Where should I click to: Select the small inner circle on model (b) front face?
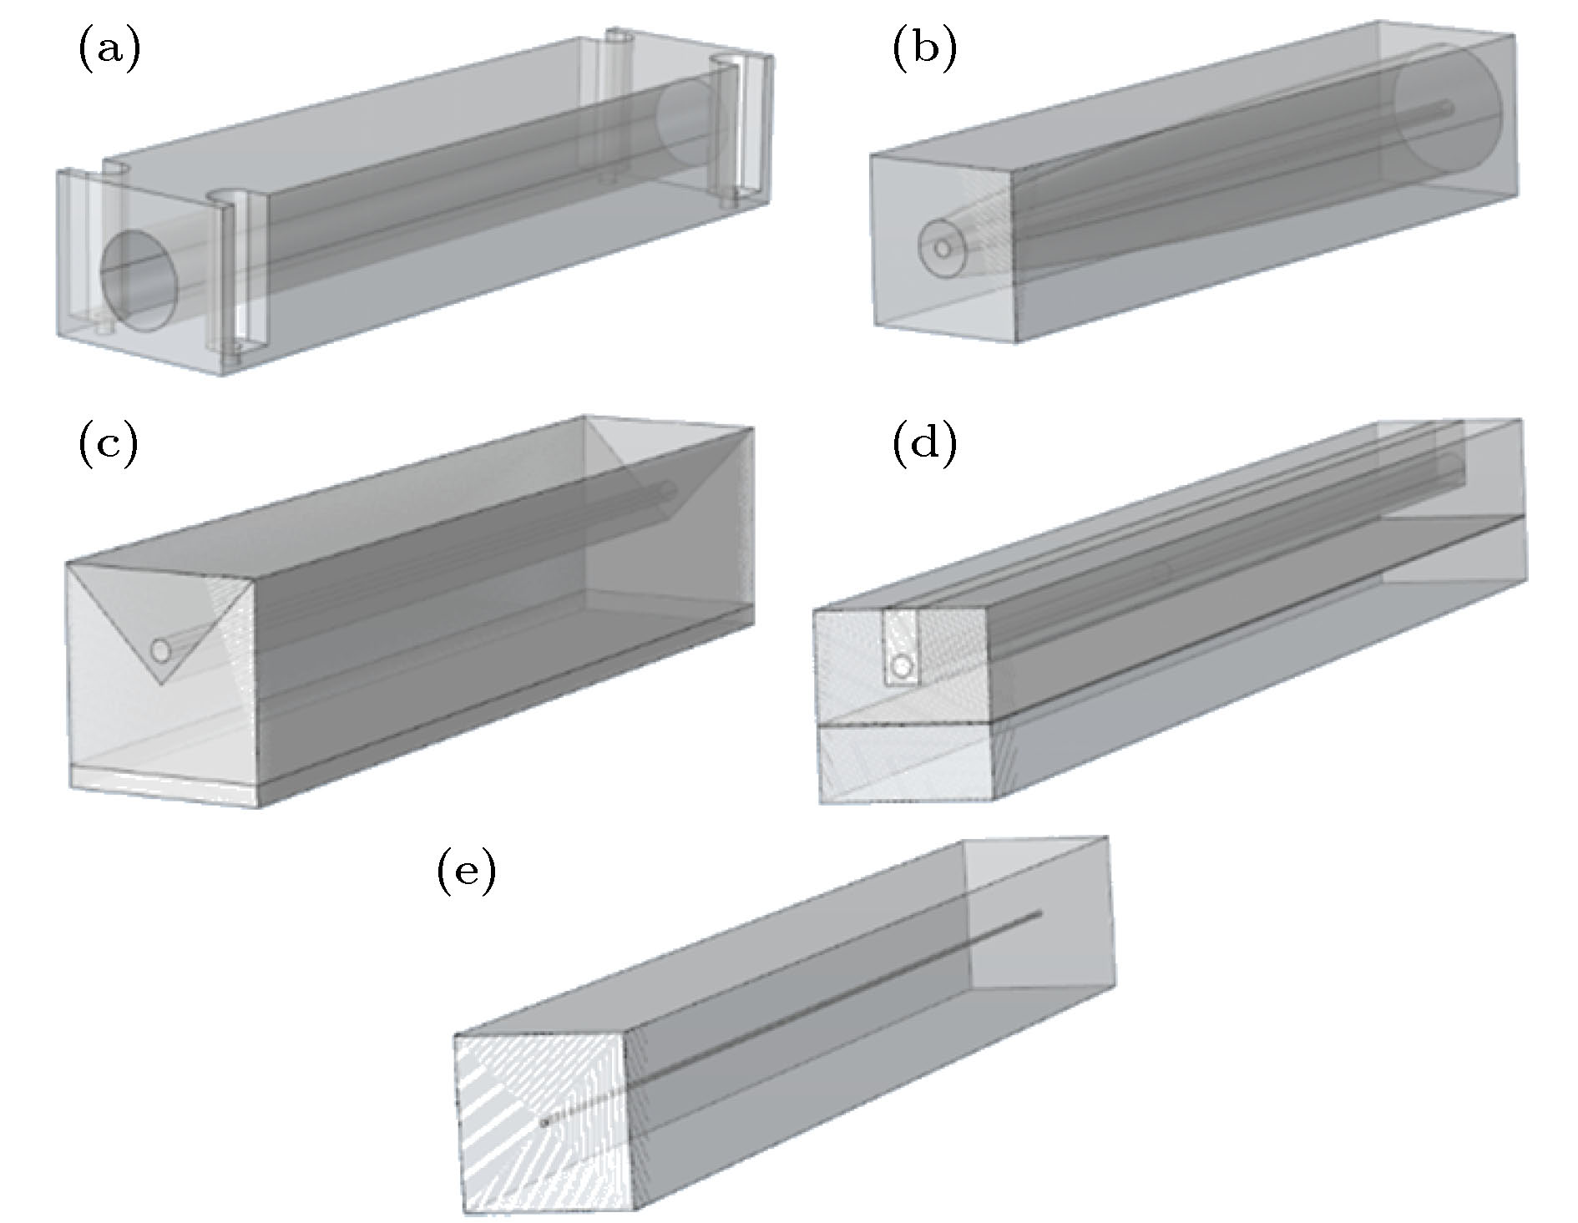pos(943,248)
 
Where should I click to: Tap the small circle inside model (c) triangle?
pos(159,649)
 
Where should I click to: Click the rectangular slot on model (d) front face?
pos(901,647)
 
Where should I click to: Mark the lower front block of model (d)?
pos(905,764)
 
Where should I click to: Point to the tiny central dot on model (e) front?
pos(545,1123)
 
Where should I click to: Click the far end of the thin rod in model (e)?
pos(1039,912)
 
